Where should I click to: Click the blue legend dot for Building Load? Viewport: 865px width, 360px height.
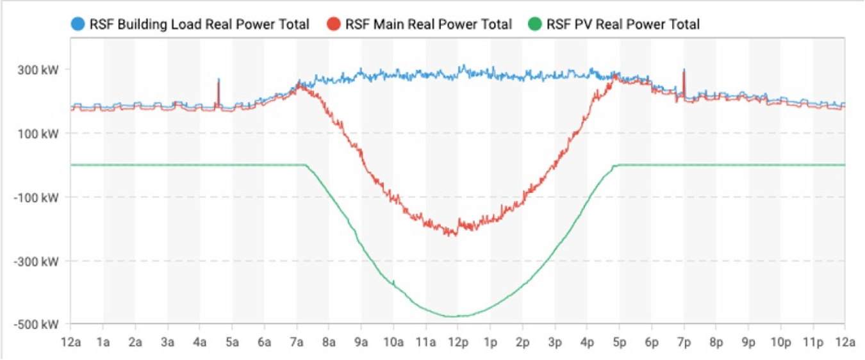click(78, 25)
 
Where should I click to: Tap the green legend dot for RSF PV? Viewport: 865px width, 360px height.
click(535, 25)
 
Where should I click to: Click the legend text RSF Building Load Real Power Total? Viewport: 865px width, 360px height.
click(199, 25)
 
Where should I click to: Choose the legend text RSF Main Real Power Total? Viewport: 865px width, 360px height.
click(429, 25)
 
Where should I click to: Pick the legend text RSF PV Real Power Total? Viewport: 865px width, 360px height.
click(623, 25)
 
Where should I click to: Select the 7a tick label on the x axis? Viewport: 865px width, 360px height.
click(297, 343)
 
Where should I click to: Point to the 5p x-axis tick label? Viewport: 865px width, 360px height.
click(619, 343)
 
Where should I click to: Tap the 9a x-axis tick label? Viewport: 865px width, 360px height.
click(361, 343)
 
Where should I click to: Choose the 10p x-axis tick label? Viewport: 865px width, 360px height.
click(780, 343)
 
